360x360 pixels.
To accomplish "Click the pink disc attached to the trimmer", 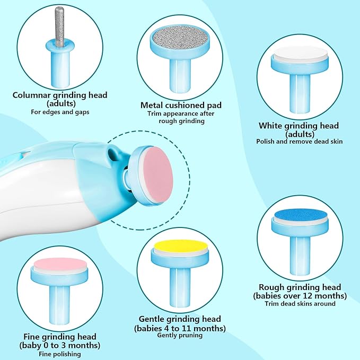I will pos(159,174).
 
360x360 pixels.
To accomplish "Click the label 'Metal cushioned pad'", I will pos(181,105).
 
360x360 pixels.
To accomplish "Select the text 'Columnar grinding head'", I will pos(60,95).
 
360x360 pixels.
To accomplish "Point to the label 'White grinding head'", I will pos(298,126).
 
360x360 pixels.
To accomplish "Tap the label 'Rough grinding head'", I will pos(300,287).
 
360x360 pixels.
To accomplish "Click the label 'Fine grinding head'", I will pos(60,337).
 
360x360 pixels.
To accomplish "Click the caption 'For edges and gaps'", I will pos(60,112).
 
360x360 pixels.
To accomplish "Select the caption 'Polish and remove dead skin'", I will pos(299,142).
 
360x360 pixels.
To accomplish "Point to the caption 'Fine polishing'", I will pos(60,353).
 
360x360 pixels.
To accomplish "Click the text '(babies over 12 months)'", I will pos(300,295).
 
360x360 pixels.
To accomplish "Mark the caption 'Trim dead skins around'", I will pos(300,304).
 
